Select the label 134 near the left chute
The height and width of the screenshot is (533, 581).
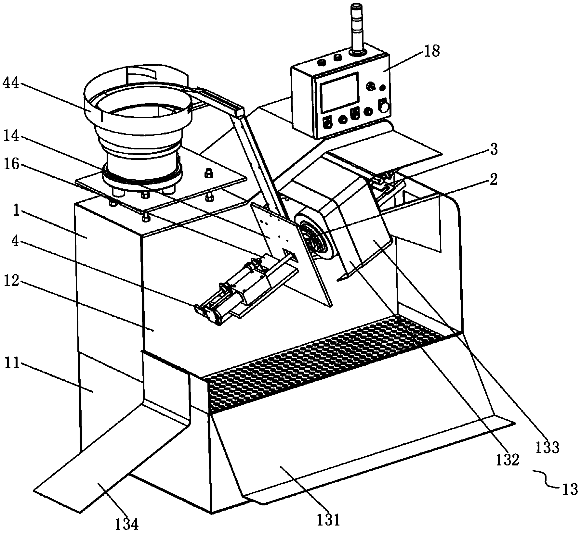click(x=126, y=524)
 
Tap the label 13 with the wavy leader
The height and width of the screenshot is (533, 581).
click(x=569, y=489)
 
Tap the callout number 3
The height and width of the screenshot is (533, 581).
click(x=494, y=150)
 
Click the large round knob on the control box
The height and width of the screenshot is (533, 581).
click(x=384, y=108)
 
